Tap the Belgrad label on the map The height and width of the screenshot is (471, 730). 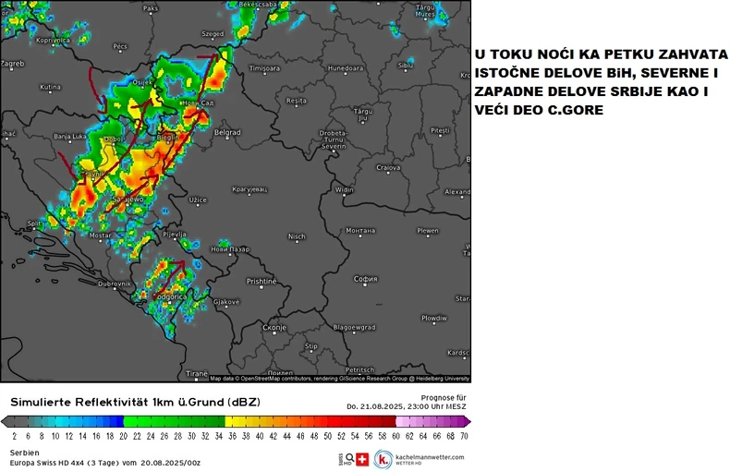(x=227, y=133)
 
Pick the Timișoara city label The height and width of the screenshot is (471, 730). (x=264, y=68)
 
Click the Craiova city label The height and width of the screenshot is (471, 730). (x=388, y=168)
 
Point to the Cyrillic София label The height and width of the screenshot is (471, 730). (x=366, y=278)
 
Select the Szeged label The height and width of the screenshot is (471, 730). (x=213, y=34)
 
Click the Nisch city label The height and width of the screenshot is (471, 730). (x=297, y=236)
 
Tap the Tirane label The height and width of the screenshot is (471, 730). (x=197, y=373)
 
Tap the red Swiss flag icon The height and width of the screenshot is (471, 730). (x=362, y=459)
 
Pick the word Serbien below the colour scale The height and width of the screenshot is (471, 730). (x=25, y=452)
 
